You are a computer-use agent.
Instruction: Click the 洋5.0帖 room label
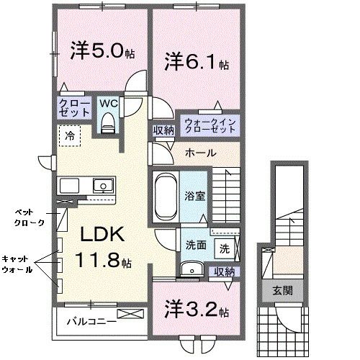click(100, 53)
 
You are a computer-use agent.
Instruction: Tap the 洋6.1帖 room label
click(194, 62)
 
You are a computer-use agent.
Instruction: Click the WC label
click(108, 102)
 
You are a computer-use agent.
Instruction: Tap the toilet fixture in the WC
click(109, 123)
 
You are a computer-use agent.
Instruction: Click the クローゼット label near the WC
click(74, 109)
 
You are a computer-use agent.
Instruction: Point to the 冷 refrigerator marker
click(70, 135)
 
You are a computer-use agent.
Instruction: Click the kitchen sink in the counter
click(104, 186)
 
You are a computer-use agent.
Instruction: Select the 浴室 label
click(194, 194)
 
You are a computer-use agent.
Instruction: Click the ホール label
click(198, 153)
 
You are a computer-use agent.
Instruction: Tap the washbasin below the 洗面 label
click(191, 270)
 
